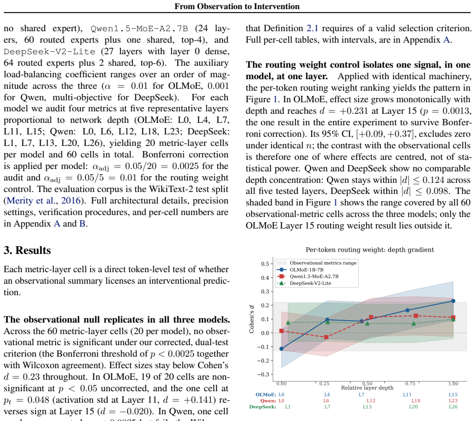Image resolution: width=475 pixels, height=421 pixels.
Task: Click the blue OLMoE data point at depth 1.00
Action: click(453, 301)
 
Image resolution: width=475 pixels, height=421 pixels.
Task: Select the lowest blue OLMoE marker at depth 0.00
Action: click(281, 349)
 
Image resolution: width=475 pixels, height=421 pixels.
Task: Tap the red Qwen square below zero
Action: click(326, 337)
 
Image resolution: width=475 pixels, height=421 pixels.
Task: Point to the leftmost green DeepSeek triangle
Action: click(288, 323)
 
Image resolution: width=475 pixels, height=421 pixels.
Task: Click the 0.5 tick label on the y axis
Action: click(265, 264)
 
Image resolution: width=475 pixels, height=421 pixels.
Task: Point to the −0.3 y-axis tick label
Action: click(263, 374)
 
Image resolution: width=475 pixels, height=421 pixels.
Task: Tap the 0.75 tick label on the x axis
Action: click(410, 384)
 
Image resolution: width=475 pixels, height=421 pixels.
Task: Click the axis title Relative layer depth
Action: click(367, 388)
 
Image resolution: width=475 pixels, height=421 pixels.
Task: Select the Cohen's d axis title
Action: click(252, 319)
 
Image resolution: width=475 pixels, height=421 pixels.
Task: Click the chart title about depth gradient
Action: click(370, 250)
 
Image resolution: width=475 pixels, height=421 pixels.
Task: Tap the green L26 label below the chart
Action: click(453, 407)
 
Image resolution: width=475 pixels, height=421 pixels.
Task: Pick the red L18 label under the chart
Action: click(415, 401)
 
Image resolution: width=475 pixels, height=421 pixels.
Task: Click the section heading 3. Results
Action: click(27, 251)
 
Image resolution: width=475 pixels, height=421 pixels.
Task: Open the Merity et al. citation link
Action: click(44, 201)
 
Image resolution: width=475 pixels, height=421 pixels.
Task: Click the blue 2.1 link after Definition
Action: click(312, 28)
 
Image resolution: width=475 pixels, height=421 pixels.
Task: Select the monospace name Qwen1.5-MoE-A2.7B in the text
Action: click(139, 28)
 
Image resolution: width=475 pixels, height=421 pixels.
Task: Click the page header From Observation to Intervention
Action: click(237, 6)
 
